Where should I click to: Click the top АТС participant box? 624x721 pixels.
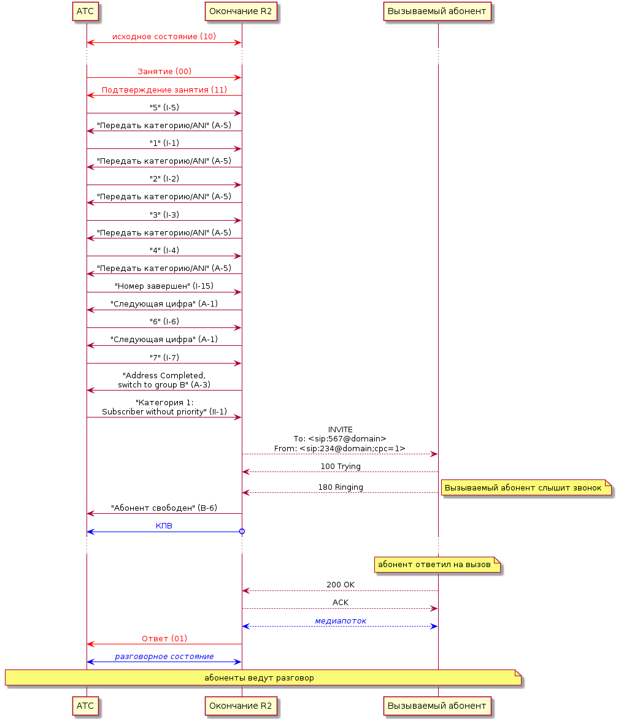click(x=85, y=12)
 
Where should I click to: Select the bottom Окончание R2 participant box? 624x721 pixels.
click(x=241, y=706)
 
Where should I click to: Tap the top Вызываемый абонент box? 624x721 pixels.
click(x=437, y=12)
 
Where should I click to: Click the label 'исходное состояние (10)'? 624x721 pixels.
click(x=164, y=36)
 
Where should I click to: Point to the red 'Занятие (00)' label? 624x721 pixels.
click(x=164, y=71)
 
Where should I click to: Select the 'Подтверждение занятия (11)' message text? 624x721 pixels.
click(x=164, y=90)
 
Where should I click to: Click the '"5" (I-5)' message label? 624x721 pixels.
click(x=164, y=107)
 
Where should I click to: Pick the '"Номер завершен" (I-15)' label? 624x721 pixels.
click(x=164, y=286)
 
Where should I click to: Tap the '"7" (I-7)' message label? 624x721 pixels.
click(x=164, y=357)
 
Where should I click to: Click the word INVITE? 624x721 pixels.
click(x=341, y=429)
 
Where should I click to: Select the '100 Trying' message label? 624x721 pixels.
click(x=341, y=466)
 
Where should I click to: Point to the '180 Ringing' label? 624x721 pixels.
click(x=341, y=487)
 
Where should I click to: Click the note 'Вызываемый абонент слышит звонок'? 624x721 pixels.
click(x=526, y=487)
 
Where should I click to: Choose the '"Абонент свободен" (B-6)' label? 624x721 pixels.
click(x=164, y=508)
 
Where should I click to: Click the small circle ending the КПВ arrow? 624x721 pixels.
click(x=242, y=532)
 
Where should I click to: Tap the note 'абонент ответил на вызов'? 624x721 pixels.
click(x=437, y=565)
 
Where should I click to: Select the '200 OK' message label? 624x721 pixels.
click(x=341, y=584)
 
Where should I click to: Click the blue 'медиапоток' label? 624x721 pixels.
click(x=341, y=620)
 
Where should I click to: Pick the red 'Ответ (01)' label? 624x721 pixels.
click(x=164, y=638)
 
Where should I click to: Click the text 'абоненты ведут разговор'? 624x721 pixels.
click(x=259, y=678)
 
